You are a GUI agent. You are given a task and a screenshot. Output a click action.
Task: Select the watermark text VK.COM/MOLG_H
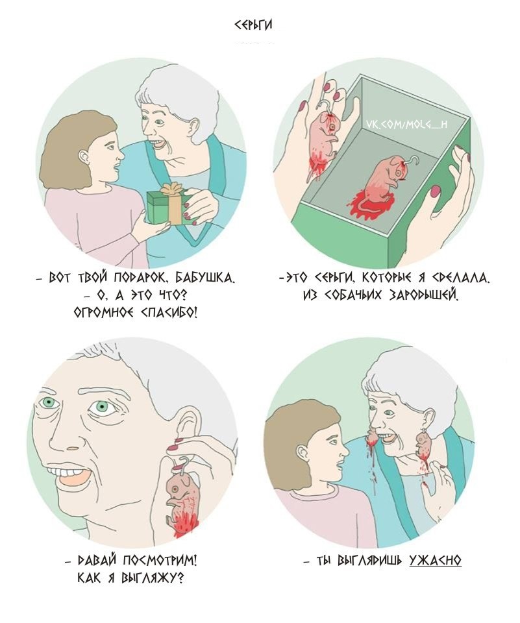pos(406,125)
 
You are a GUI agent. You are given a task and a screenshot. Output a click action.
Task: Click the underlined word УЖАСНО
pos(436,560)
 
